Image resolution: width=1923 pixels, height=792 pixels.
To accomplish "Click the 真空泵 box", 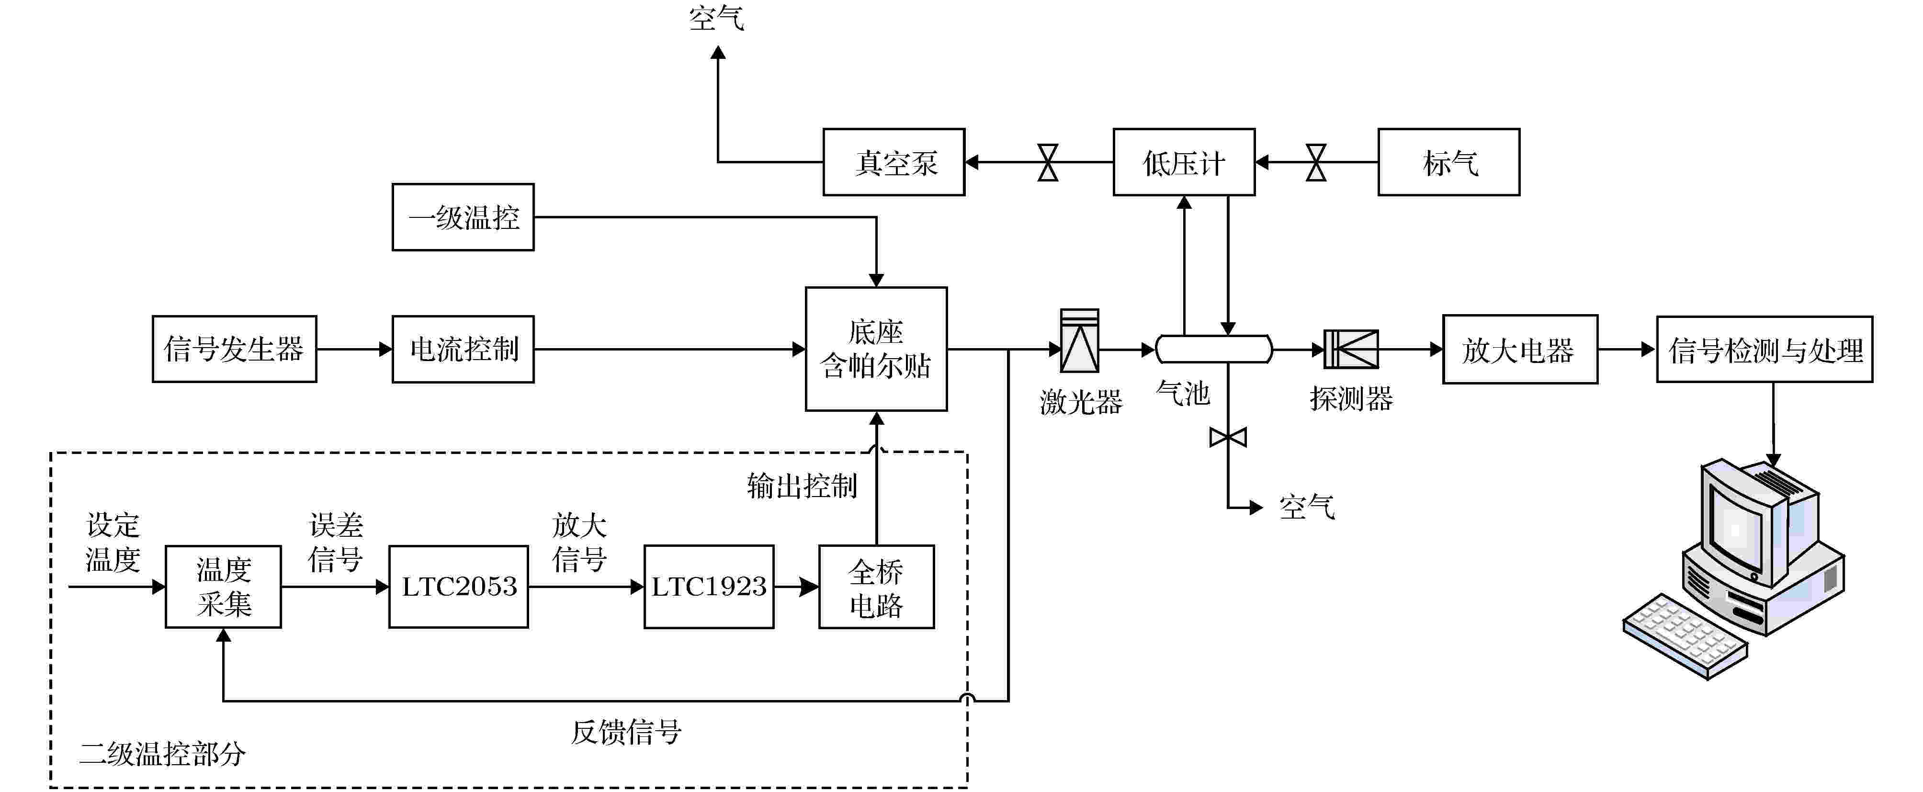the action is pos(894,162).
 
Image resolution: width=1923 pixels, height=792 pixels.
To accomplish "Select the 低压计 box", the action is pos(1184,162).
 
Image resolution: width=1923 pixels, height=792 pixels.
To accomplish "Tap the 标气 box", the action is pos(1448,162).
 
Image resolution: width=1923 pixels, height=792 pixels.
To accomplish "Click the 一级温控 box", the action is pos(463,217).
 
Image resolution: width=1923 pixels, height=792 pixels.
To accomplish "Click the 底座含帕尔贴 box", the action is pos(876,349).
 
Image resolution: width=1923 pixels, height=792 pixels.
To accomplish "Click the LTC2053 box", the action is pos(458,587).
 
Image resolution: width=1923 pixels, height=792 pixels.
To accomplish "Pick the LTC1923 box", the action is pos(708,587).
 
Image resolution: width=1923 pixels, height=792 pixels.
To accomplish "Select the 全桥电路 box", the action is pos(876,587).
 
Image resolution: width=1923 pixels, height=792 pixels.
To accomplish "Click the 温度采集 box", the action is pos(223,587).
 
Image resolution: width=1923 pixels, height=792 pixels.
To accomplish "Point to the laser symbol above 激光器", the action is pos(1079,341).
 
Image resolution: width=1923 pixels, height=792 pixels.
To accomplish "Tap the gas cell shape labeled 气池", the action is pos(1214,349).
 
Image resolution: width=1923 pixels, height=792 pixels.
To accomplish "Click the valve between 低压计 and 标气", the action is pos(1316,162).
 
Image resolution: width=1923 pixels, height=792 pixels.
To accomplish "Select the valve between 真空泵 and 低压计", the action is pos(1048,162).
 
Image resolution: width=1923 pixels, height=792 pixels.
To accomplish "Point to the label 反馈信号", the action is pos(625,732).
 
